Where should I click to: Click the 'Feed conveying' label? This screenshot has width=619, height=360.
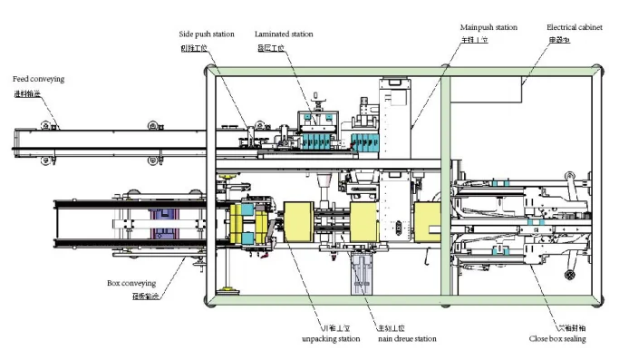[x=38, y=79]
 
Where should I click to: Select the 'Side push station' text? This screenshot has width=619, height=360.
[x=206, y=34]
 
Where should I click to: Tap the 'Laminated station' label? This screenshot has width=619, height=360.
[x=285, y=34]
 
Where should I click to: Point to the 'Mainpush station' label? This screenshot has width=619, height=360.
[x=488, y=28]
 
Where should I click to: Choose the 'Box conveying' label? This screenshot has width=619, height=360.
[x=132, y=283]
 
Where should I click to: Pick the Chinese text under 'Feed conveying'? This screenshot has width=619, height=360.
[x=26, y=92]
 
